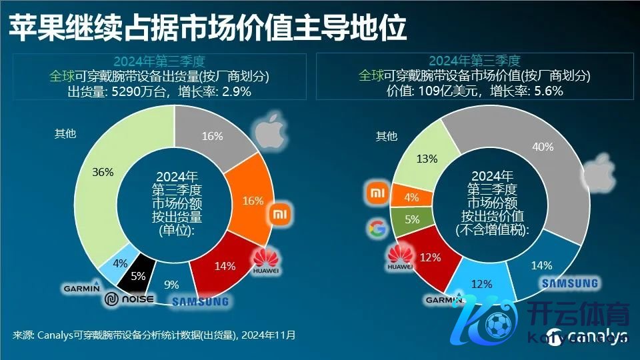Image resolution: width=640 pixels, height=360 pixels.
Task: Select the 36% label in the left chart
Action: (103, 172)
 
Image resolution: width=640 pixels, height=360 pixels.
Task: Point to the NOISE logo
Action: (129, 300)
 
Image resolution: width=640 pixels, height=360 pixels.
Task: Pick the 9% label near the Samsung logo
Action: (171, 285)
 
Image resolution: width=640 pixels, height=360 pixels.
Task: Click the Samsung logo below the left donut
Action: (200, 301)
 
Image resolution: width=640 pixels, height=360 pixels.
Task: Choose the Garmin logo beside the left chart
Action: (81, 288)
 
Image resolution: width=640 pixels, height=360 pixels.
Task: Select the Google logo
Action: (375, 230)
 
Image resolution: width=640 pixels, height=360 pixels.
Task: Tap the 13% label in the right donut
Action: (427, 159)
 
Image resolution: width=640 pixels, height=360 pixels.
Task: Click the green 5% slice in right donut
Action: (411, 219)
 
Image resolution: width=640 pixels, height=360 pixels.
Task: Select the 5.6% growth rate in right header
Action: (547, 92)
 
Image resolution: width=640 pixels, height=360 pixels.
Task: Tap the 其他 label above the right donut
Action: (387, 137)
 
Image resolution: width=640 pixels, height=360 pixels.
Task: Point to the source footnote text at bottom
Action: (153, 335)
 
